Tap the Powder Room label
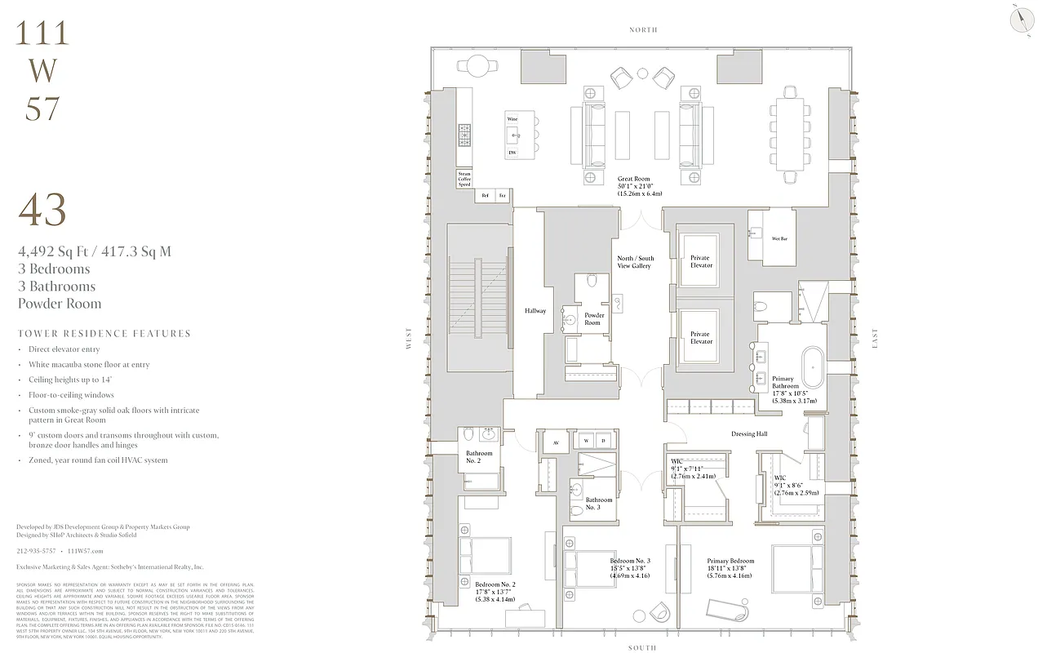coord(594,318)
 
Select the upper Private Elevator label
coord(700,261)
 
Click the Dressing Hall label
coord(748,434)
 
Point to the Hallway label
coord(535,311)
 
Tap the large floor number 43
coord(42,211)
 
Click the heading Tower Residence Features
coord(104,334)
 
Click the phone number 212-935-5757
coord(36,551)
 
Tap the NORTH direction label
coord(643,29)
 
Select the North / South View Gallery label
coord(634,262)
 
